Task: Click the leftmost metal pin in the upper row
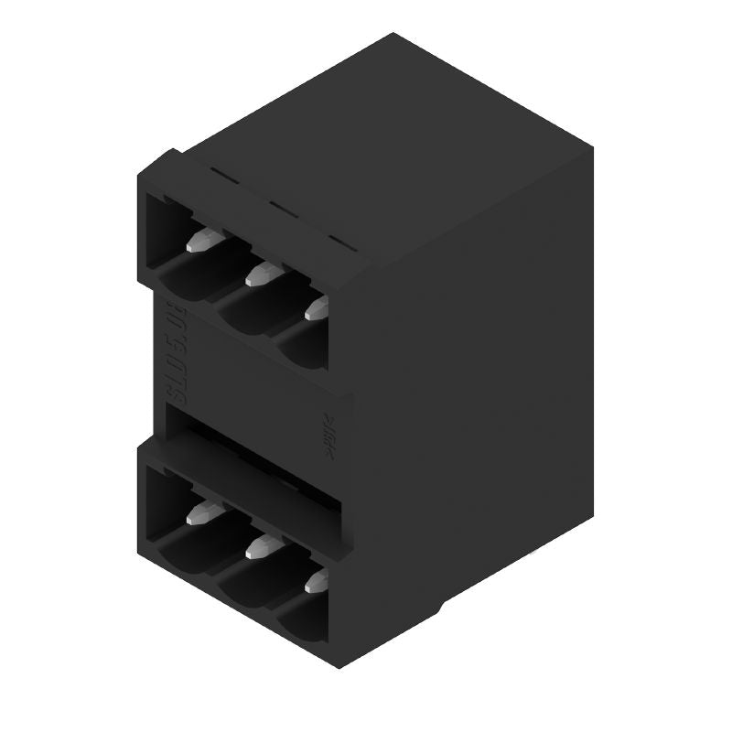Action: click(x=198, y=242)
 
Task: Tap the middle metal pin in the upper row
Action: click(x=261, y=272)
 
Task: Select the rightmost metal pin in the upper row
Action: click(x=317, y=308)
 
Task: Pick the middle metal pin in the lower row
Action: click(x=260, y=549)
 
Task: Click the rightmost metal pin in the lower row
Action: click(x=317, y=582)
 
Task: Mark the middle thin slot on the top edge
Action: click(x=283, y=209)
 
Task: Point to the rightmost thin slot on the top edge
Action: click(x=339, y=242)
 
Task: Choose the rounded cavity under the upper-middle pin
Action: click(x=247, y=307)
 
